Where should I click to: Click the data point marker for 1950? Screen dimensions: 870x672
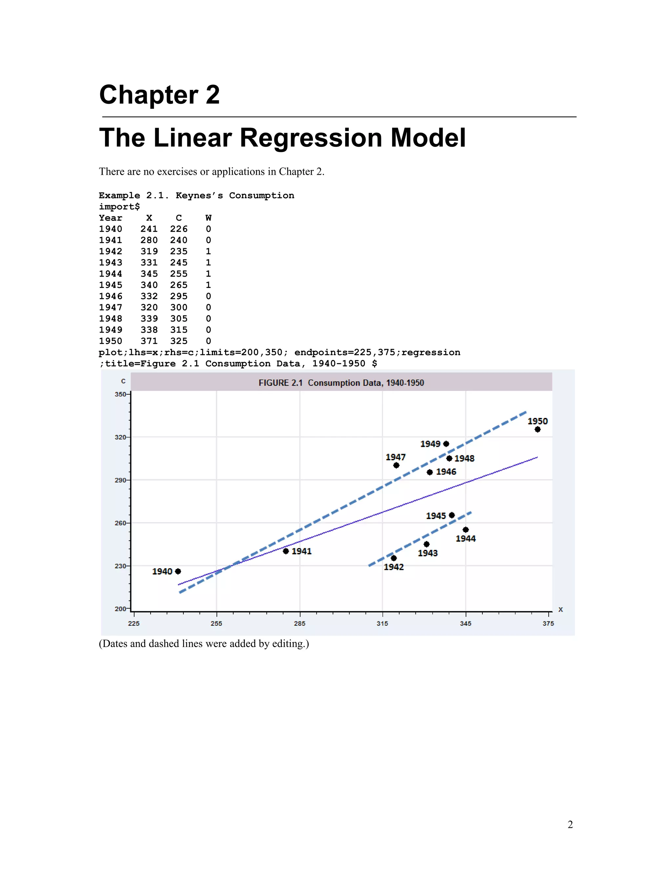[537, 429]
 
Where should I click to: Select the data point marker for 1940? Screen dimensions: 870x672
[178, 571]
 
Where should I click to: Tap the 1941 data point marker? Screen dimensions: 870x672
[286, 551]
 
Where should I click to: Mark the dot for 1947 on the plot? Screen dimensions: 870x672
[396, 465]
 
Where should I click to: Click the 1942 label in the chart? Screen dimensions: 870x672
[394, 567]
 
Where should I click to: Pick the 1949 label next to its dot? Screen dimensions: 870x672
[430, 444]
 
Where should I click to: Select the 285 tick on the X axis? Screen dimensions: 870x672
[300, 623]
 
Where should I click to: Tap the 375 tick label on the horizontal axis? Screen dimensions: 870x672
[548, 623]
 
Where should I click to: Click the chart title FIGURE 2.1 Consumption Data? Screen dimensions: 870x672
[341, 383]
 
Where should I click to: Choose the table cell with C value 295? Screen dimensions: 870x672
[179, 296]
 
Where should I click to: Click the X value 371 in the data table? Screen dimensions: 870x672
[149, 341]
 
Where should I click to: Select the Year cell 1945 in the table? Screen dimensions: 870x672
[111, 285]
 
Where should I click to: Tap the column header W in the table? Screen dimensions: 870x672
[209, 218]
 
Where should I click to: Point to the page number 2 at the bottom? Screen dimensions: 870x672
[570, 824]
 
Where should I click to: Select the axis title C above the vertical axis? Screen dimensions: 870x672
[123, 381]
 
